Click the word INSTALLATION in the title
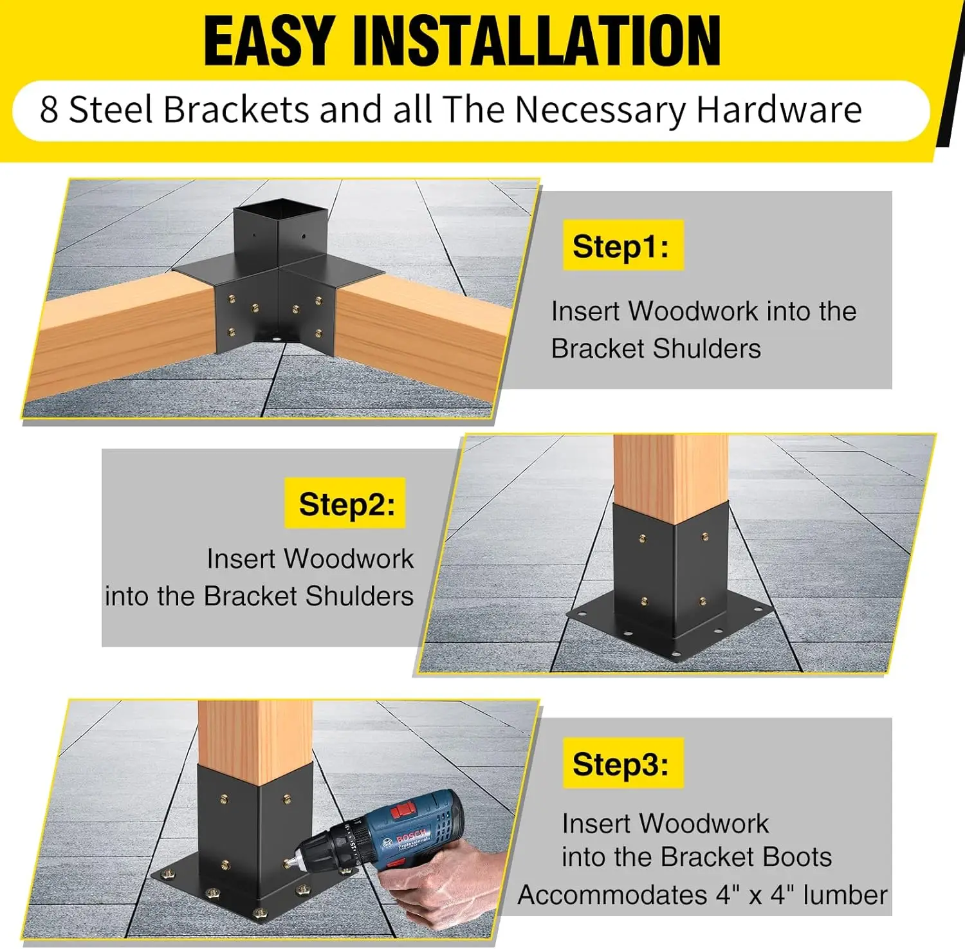[x=537, y=41]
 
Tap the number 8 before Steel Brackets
[x=49, y=110]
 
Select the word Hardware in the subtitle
[x=779, y=110]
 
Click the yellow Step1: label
[x=621, y=246]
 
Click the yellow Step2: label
[x=346, y=504]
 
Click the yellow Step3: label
[x=621, y=764]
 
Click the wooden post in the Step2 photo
[x=670, y=470]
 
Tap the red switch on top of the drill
[x=404, y=809]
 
